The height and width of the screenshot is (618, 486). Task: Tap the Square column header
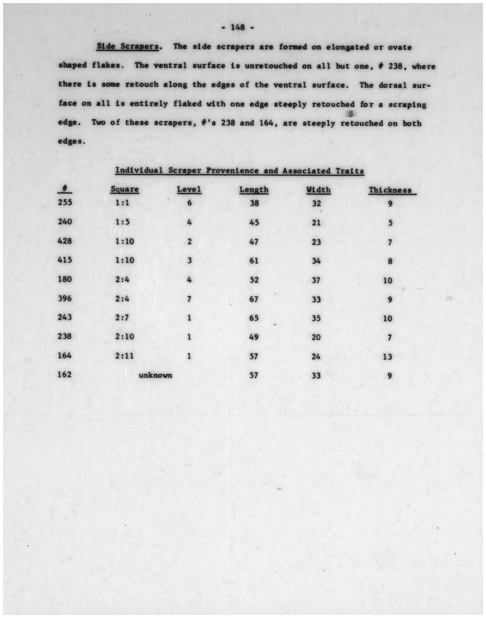[x=125, y=189]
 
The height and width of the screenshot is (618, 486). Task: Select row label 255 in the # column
[x=65, y=202]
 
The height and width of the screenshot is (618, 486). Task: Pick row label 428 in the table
[x=65, y=241]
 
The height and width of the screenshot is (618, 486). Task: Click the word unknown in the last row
[x=155, y=375]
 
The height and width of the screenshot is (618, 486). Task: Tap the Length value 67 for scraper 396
[x=253, y=299]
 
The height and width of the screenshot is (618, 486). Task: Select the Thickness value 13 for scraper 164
[x=388, y=356]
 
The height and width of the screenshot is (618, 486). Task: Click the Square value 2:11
[x=125, y=356]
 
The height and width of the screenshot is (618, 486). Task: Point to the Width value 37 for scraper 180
[x=316, y=280]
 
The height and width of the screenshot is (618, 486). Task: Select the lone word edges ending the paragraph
[x=71, y=142]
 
